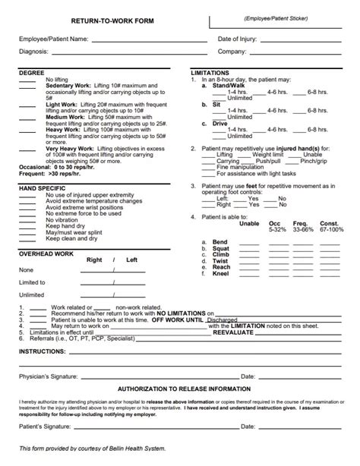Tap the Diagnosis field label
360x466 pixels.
(34, 52)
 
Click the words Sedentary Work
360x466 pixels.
(68, 87)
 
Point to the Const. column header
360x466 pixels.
(329, 223)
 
